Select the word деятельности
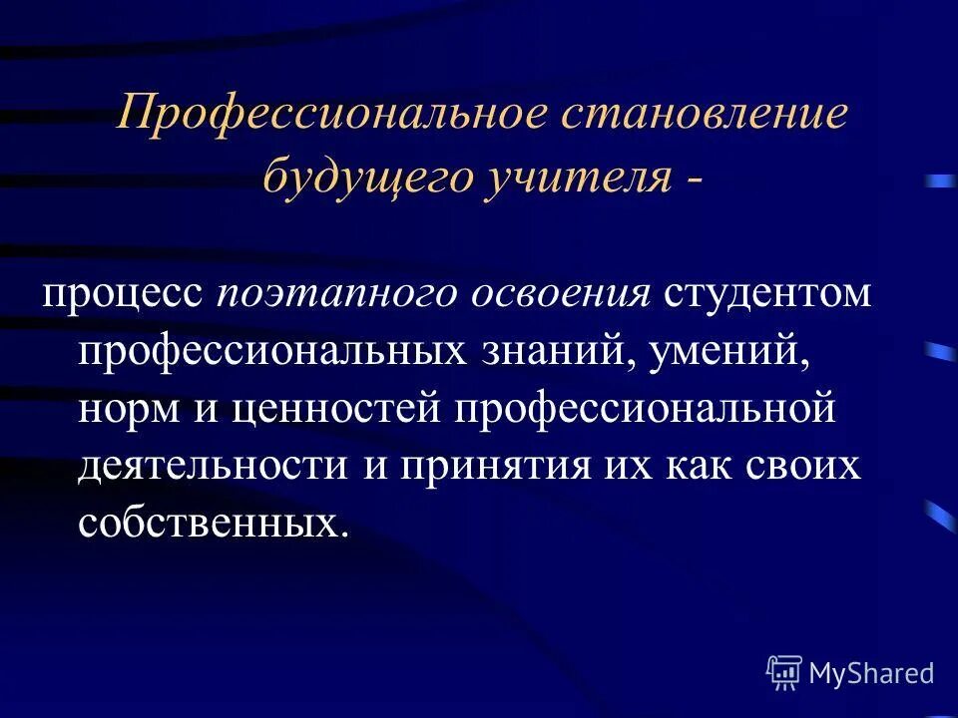point(207,467)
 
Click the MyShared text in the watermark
point(871,673)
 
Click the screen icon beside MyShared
point(784,673)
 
